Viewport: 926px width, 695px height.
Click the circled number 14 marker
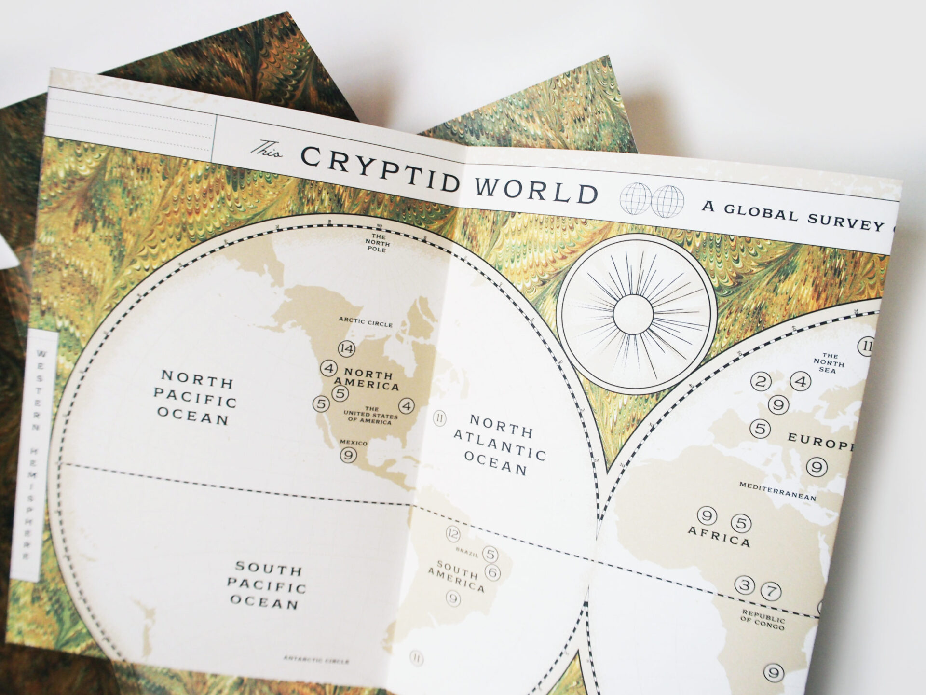pyautogui.click(x=346, y=348)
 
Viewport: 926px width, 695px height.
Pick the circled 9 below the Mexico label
pyautogui.click(x=348, y=455)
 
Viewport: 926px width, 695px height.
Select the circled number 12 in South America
pyautogui.click(x=453, y=534)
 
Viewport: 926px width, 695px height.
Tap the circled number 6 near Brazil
pyautogui.click(x=492, y=572)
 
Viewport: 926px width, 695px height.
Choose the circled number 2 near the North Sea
pyautogui.click(x=761, y=382)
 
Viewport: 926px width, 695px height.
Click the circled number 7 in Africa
pyautogui.click(x=770, y=590)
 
